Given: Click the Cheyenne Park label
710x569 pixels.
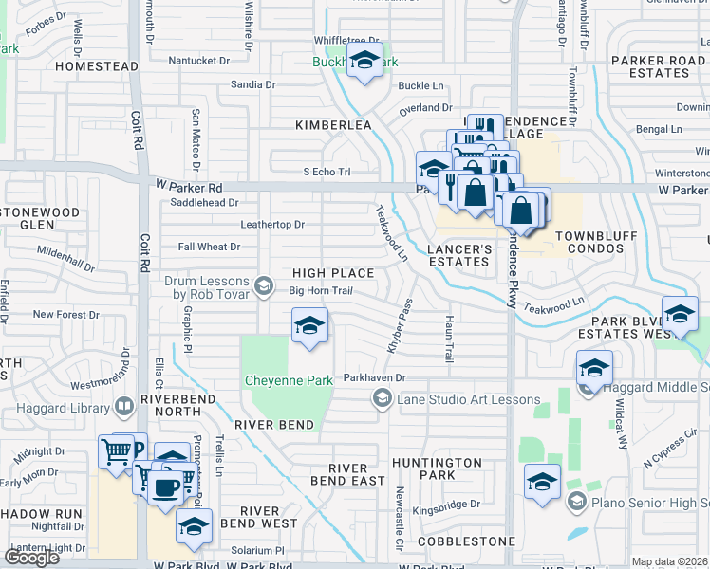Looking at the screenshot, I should click(x=289, y=380).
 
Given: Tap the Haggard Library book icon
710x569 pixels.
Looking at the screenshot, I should click(x=124, y=407).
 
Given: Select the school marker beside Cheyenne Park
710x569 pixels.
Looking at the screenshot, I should click(x=309, y=327).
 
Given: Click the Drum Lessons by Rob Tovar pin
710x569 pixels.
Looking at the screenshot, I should click(x=265, y=283).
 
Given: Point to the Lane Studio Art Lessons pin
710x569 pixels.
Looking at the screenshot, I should click(x=382, y=400).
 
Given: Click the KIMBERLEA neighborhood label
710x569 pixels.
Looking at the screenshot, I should click(x=332, y=124).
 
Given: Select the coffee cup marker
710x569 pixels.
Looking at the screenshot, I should click(x=166, y=487).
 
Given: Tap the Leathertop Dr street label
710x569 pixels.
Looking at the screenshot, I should click(x=272, y=225).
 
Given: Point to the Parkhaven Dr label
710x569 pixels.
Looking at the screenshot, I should click(x=374, y=377).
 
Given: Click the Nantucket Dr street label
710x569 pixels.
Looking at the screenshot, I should click(x=199, y=61).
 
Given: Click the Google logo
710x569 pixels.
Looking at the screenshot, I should click(x=32, y=557).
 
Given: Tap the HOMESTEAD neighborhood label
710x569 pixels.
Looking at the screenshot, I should click(x=97, y=66).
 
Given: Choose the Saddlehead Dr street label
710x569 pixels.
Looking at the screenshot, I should click(x=204, y=202).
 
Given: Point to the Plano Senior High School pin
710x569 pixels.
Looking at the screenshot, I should click(x=575, y=501).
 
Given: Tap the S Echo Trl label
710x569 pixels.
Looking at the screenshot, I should click(x=327, y=172).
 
